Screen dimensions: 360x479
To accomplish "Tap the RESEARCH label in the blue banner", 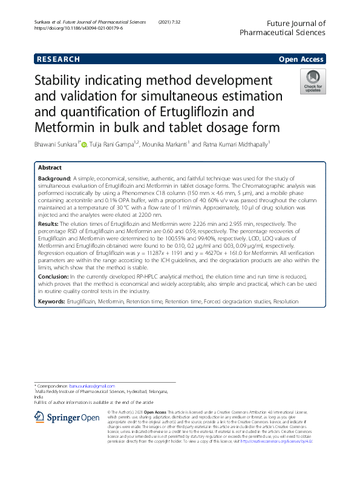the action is pyautogui.click(x=58, y=59).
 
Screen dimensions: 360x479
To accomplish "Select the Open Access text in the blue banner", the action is pyautogui.click(x=300, y=59).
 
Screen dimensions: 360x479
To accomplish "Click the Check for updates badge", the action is pyautogui.click(x=313, y=81).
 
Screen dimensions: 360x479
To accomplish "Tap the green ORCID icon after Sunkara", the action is pyautogui.click(x=84, y=144).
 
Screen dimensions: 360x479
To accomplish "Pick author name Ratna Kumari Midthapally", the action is pyautogui.click(x=232, y=144).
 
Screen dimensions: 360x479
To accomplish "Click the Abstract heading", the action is pyautogui.click(x=50, y=167).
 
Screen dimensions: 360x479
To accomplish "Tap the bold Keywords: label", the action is pyautogui.click(x=52, y=301).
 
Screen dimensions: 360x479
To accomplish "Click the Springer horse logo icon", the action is pyautogui.click(x=40, y=417).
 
